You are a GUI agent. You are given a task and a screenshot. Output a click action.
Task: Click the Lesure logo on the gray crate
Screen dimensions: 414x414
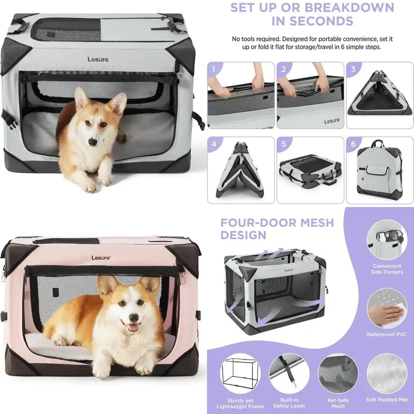[98, 59]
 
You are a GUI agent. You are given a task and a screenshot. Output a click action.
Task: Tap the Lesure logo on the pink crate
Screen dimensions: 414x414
[101, 258]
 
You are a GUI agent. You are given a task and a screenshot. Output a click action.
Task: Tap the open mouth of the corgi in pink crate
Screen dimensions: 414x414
[132, 327]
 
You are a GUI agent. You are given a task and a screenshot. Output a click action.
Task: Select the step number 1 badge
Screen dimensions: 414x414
[213, 69]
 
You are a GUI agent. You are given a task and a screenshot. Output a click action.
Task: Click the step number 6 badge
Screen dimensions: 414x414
[353, 144]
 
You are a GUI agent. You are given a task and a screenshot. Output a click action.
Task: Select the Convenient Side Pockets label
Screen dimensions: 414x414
[387, 269]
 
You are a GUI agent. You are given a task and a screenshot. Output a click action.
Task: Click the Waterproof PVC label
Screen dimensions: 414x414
[387, 334]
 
